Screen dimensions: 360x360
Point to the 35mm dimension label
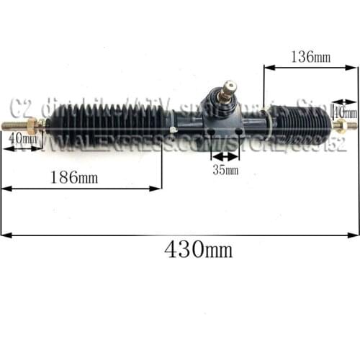225,171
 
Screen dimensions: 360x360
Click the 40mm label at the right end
346,113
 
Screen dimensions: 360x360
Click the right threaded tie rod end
348,125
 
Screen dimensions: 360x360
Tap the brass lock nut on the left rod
33,126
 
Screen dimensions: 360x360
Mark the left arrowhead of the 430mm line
4,234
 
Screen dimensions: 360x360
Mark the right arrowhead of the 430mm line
356,234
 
